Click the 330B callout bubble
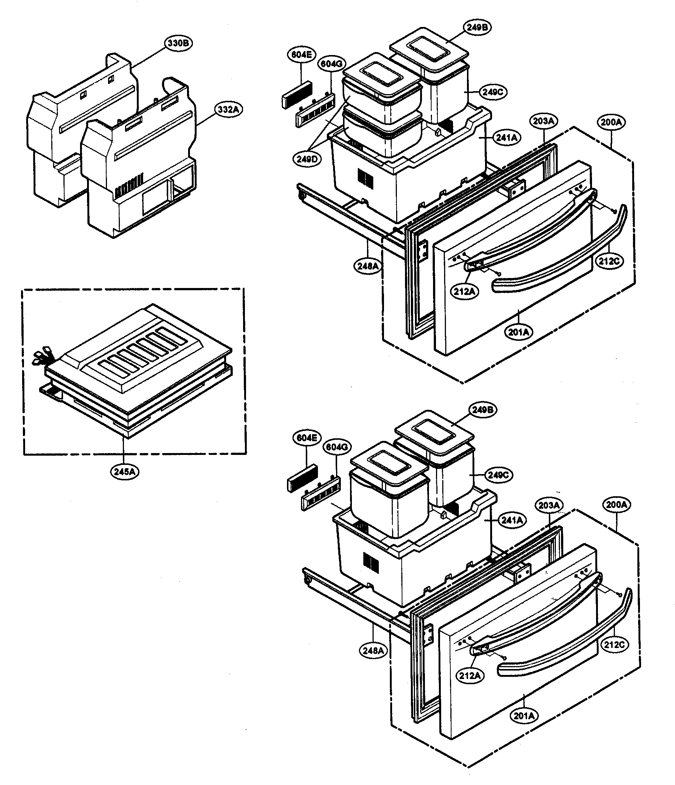[178, 43]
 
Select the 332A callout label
[229, 110]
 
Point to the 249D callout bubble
[307, 159]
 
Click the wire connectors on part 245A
[41, 355]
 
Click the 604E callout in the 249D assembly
[302, 55]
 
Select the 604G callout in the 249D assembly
[332, 64]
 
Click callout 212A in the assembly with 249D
[464, 291]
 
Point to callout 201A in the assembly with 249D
[518, 332]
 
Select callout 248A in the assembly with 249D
[368, 266]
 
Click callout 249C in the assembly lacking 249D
[498, 475]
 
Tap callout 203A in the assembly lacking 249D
[549, 505]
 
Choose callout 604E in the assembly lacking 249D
[307, 438]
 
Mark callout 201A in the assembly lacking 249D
[524, 716]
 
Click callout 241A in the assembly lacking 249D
[512, 521]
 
